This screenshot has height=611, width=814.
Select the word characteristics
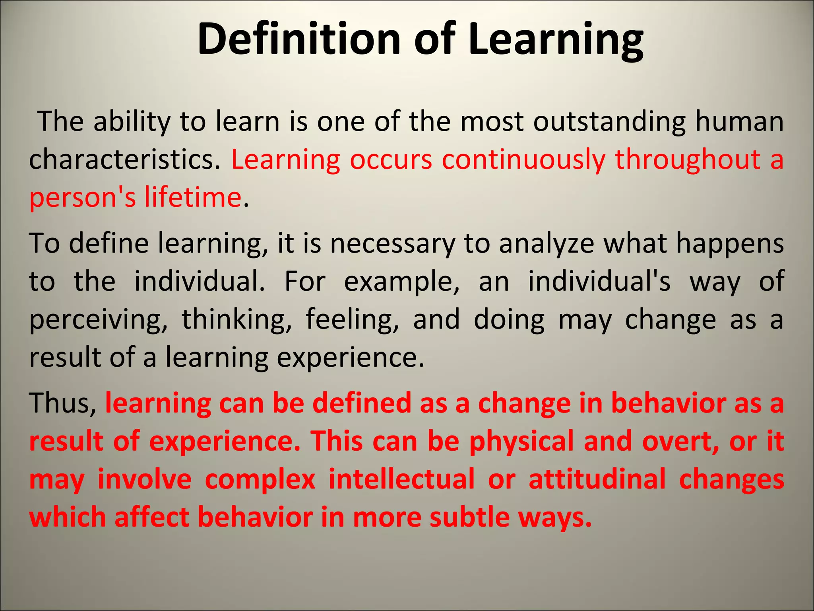tap(124, 160)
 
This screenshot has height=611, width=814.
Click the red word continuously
tap(523, 160)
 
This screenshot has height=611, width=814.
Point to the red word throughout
tap(688, 160)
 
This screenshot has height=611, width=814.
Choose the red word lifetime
tap(193, 197)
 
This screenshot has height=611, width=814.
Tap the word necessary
tap(393, 243)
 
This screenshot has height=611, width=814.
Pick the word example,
tap(401, 281)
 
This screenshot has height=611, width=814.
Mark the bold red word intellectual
tap(401, 479)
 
